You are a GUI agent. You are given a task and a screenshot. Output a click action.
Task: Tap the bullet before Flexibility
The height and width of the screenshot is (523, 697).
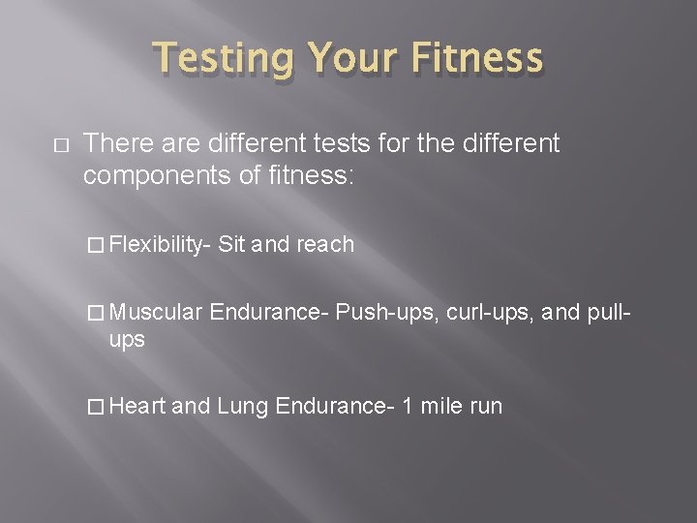(x=96, y=246)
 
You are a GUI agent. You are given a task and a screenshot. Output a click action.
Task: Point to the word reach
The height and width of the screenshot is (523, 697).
(x=324, y=245)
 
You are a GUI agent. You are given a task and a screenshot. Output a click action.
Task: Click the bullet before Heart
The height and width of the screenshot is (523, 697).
(x=96, y=407)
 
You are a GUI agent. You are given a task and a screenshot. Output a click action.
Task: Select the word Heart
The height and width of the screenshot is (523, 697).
(x=138, y=406)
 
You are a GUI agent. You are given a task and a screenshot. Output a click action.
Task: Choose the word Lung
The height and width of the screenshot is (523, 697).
(x=242, y=406)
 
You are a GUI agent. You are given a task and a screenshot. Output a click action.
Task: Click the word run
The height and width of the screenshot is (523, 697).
(x=485, y=407)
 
